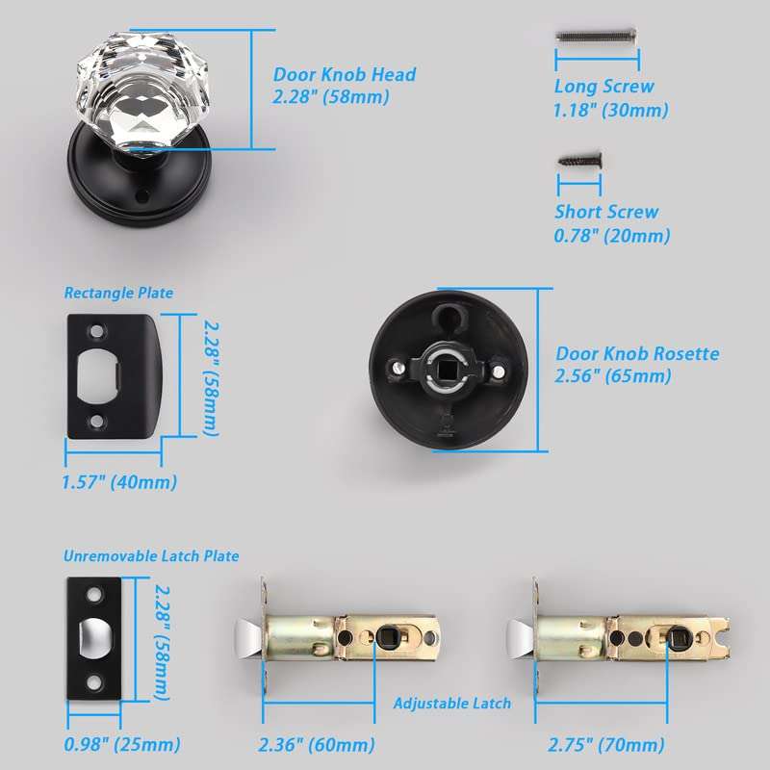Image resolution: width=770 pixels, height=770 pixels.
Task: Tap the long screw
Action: click(x=597, y=36)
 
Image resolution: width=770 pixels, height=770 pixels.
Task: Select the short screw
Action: click(x=580, y=160)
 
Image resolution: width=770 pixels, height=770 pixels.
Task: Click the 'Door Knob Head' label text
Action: click(x=345, y=75)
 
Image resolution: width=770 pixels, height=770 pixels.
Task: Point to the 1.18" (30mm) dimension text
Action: click(x=611, y=110)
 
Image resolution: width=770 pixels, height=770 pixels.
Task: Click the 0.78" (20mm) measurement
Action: click(x=612, y=236)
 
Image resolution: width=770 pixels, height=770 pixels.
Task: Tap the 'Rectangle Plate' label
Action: click(x=118, y=293)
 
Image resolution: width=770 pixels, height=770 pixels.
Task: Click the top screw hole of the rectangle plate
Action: click(x=97, y=331)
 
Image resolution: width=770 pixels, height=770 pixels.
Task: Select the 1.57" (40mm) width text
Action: click(x=119, y=482)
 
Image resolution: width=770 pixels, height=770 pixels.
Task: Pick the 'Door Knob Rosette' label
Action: click(x=637, y=353)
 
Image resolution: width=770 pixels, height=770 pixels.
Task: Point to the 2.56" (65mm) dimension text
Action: click(x=613, y=376)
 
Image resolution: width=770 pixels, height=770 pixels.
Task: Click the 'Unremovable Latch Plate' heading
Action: click(x=151, y=556)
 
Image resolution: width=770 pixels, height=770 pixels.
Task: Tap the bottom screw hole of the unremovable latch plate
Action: click(x=93, y=681)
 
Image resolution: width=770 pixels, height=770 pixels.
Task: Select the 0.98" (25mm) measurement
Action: click(x=122, y=744)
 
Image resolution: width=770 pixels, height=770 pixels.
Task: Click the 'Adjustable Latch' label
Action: click(x=451, y=704)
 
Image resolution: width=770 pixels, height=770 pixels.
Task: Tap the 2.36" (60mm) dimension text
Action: click(x=317, y=745)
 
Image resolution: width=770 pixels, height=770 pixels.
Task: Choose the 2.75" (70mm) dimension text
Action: click(x=606, y=745)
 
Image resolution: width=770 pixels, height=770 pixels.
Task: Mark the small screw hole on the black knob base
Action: click(x=142, y=196)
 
